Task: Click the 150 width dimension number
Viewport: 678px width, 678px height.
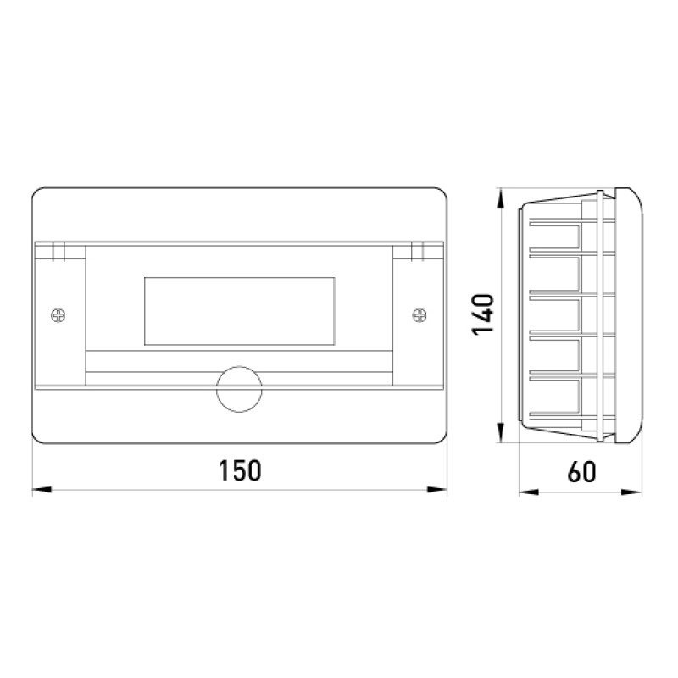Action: pos(240,471)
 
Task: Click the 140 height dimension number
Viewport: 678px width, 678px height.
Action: pos(482,314)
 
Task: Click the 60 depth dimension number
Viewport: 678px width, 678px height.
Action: pos(582,472)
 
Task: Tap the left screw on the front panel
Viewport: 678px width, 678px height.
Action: pos(58,315)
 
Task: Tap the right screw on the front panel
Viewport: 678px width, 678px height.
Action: pos(420,315)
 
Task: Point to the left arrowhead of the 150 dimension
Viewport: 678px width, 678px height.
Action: pos(42,490)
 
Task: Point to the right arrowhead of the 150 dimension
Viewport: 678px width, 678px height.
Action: pos(436,490)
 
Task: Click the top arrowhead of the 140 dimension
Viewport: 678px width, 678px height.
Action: pos(501,198)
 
